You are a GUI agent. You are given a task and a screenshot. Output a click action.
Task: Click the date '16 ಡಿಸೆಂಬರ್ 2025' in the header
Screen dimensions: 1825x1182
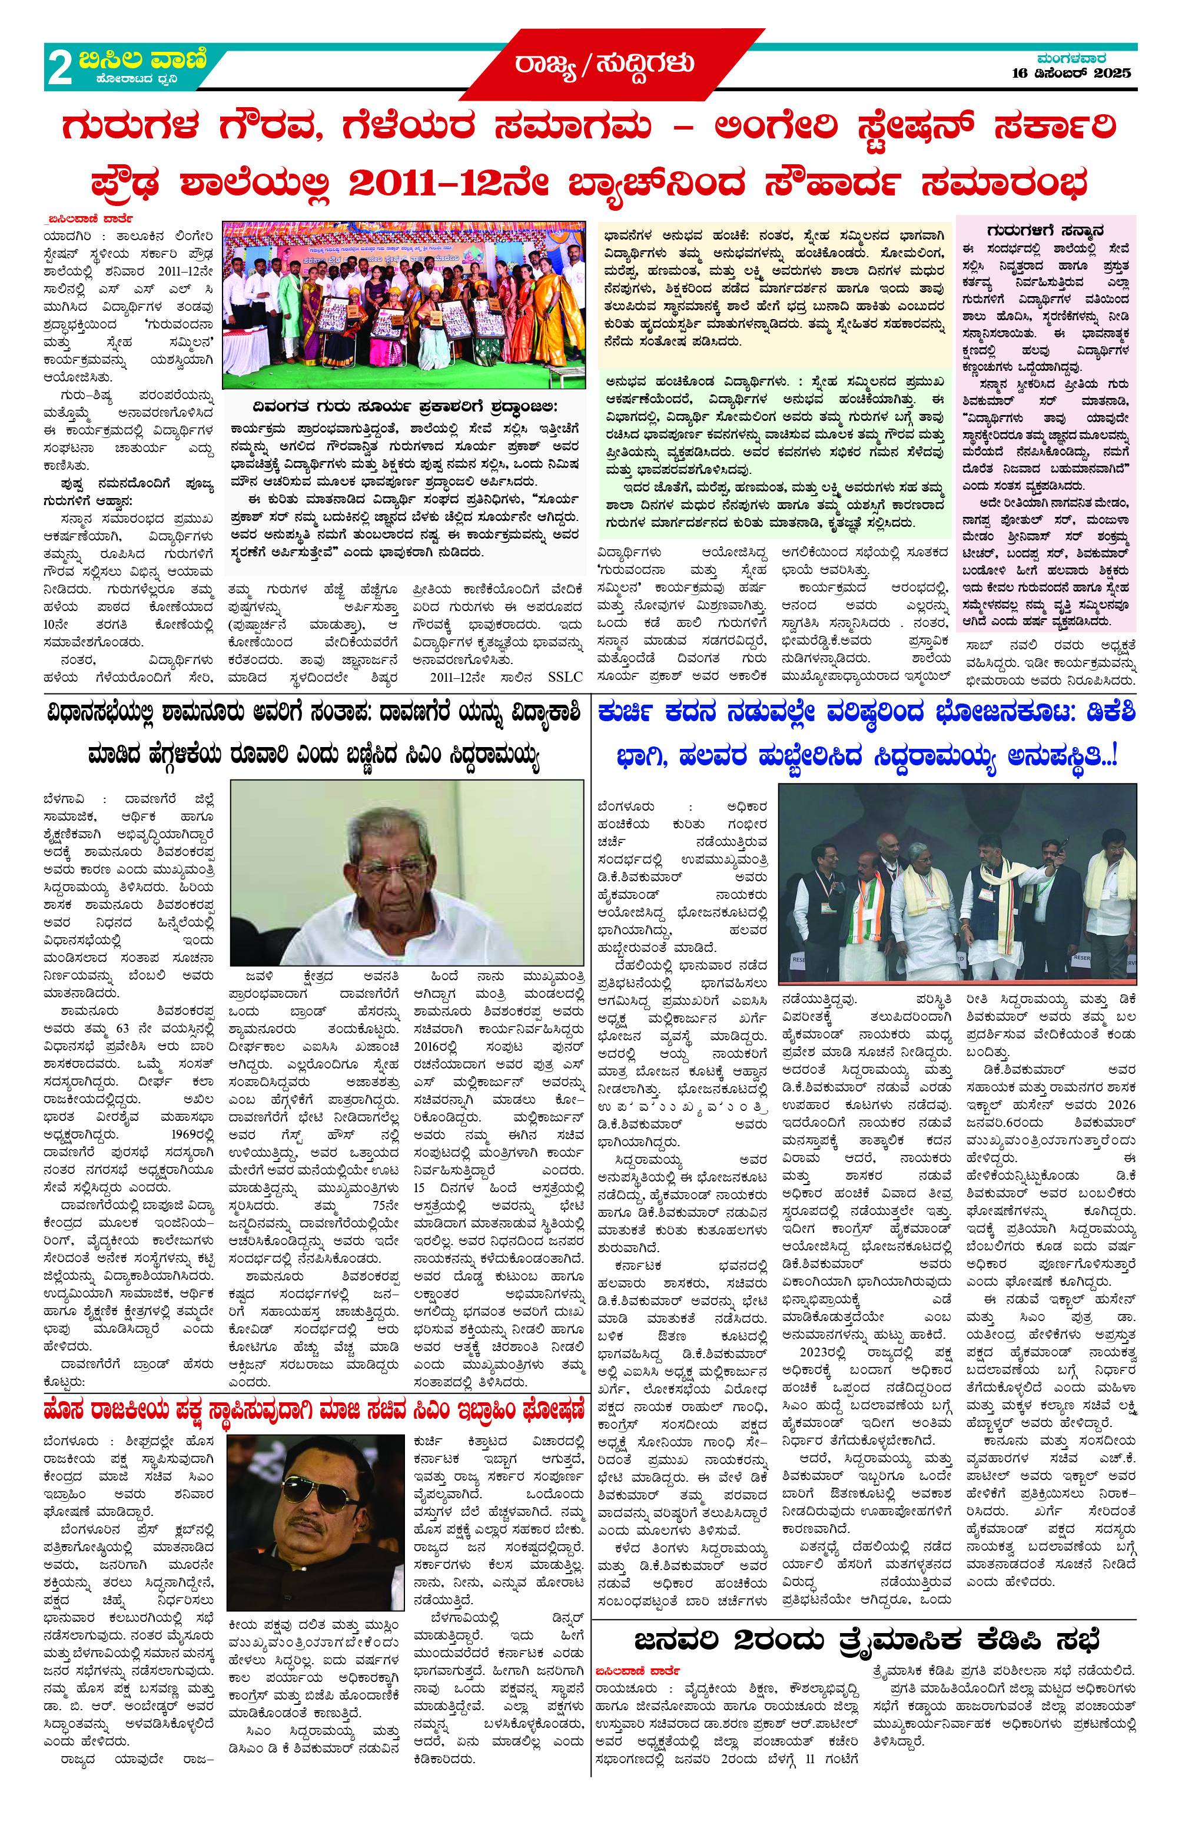[x=1071, y=74]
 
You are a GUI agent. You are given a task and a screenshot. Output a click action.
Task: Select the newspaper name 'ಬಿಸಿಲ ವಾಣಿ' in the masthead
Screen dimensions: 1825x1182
[x=142, y=59]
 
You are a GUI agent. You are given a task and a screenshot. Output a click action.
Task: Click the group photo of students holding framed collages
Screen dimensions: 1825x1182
[x=403, y=304]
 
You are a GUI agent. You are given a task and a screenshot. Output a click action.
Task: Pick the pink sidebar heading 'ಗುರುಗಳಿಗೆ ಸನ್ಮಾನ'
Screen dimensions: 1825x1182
[x=1045, y=230]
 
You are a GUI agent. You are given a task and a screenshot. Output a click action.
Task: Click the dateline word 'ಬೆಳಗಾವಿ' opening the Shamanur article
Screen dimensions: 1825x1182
[x=64, y=799]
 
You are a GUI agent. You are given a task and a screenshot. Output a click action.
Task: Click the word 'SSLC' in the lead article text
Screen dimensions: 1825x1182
[x=565, y=677]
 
